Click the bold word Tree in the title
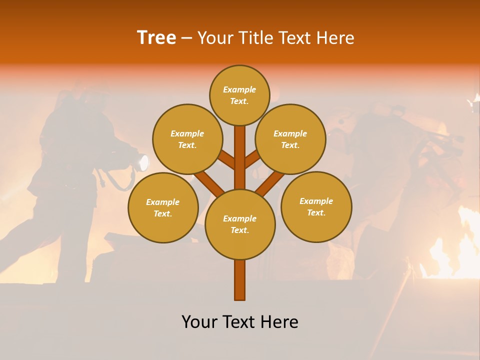[156, 37]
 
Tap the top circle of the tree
[239, 95]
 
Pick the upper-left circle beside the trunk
[187, 139]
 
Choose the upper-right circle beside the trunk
[290, 139]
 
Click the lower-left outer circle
[163, 207]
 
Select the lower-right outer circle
[316, 206]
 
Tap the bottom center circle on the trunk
[240, 224]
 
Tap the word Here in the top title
[335, 38]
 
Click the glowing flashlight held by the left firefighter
[143, 162]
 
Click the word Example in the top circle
[239, 89]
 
